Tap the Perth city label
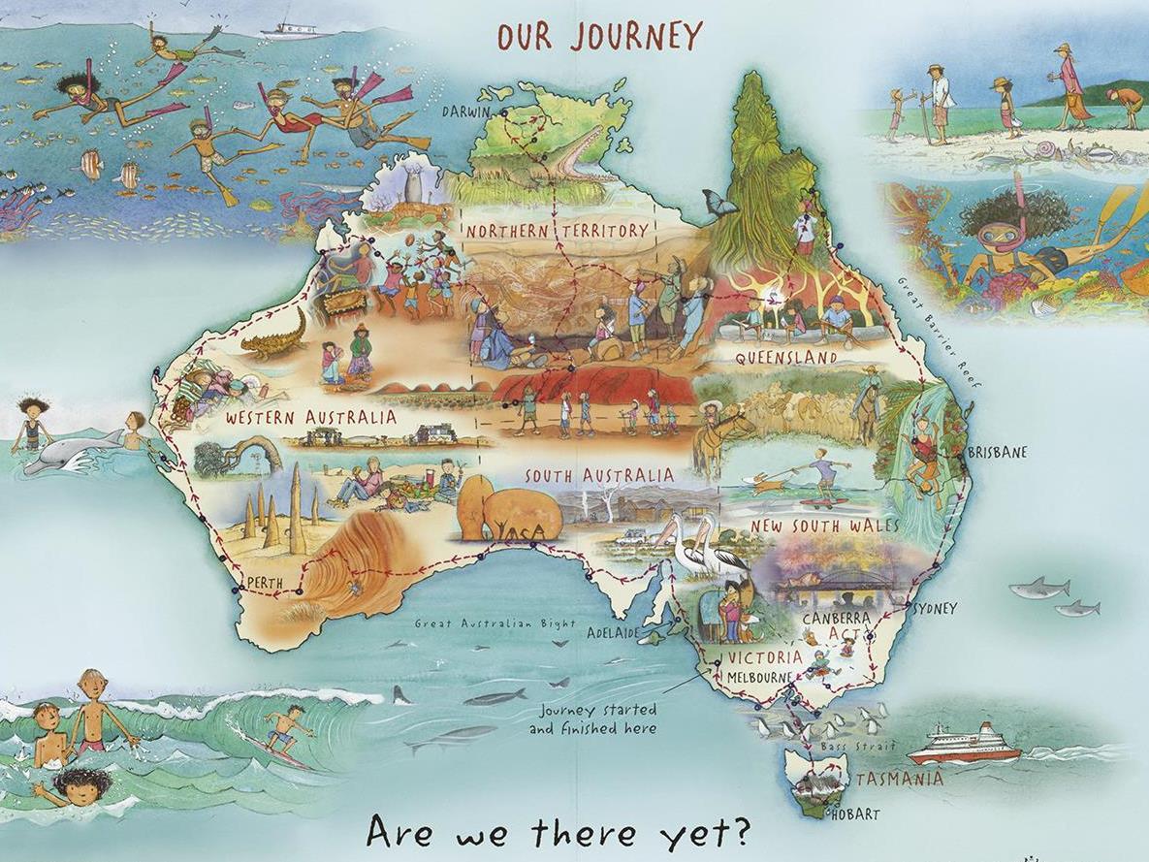pyautogui.click(x=265, y=583)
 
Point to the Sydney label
pyautogui.click(x=934, y=609)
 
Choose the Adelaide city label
pyautogui.click(x=613, y=633)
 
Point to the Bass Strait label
pyautogui.click(x=841, y=748)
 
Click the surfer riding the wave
pyautogui.click(x=284, y=729)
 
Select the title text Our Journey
pyautogui.click(x=599, y=36)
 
